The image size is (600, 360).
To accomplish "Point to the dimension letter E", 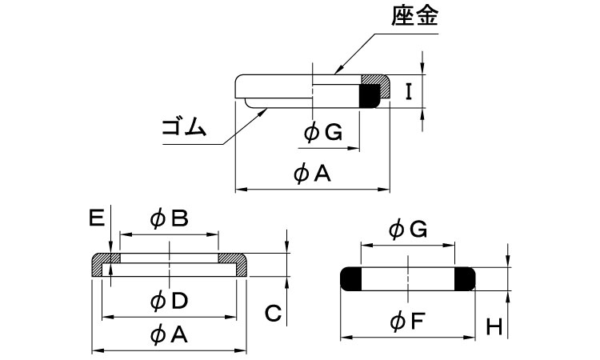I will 96,218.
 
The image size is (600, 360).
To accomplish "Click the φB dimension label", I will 169,218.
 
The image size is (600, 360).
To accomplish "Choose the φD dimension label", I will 169,301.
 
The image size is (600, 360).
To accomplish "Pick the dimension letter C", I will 272,314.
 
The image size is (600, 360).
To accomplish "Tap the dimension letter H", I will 494,326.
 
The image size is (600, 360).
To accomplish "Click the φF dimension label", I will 408,322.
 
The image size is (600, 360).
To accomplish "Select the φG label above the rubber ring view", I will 408,230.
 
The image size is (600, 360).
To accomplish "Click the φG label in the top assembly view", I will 323,134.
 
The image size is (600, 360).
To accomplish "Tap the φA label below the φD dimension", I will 169,336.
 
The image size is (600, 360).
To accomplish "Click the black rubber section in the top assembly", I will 369,95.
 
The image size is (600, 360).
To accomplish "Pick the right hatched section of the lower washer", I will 235,261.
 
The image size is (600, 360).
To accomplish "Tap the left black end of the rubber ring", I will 352,278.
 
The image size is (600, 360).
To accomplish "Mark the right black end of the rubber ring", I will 465,278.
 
